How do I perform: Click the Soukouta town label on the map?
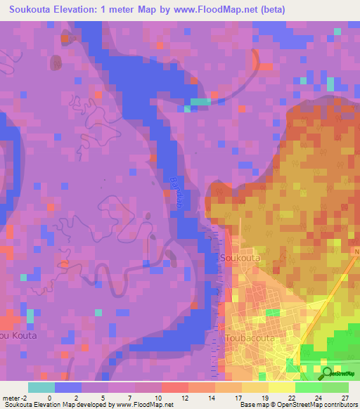coord(241,258)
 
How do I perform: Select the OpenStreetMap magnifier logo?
coord(326,373)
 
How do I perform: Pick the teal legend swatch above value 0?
coord(41,387)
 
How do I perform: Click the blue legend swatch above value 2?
coord(68,387)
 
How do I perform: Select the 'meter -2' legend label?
coord(16,398)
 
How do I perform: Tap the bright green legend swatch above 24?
coord(309,387)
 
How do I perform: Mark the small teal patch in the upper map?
coord(200,102)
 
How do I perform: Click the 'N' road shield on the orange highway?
coord(356,250)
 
